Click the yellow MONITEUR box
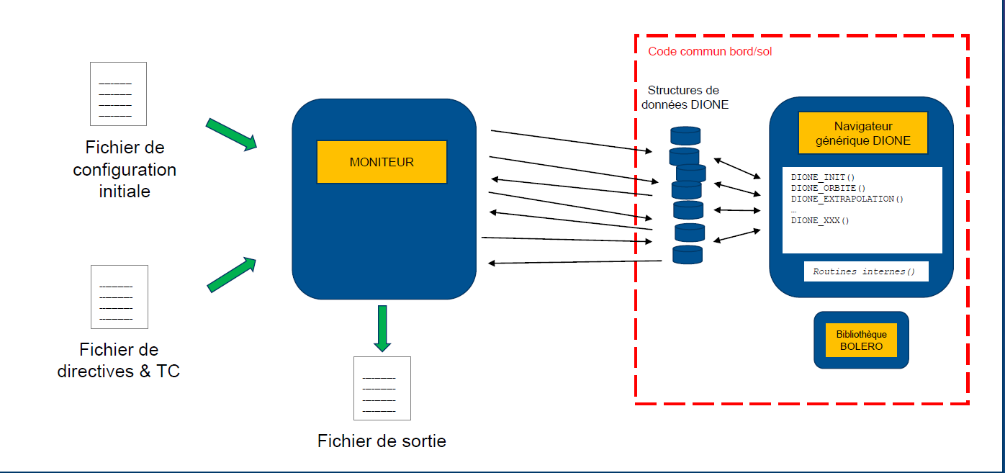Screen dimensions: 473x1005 pyautogui.click(x=382, y=162)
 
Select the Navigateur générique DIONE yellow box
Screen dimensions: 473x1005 pyautogui.click(x=862, y=133)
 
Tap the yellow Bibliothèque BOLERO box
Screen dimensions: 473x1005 pyautogui.click(x=861, y=340)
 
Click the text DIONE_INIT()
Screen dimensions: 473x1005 pyautogui.click(x=823, y=177)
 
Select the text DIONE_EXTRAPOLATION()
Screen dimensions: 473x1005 pyautogui.click(x=847, y=199)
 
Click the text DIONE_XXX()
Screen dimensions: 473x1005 pyautogui.click(x=820, y=220)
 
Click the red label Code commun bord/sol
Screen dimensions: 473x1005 pyautogui.click(x=710, y=52)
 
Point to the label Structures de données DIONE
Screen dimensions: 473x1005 pyautogui.click(x=684, y=97)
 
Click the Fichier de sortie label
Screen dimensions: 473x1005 pyautogui.click(x=382, y=441)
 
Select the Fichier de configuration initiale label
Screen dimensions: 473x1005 pyautogui.click(x=125, y=170)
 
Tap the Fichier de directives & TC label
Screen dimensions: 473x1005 pyautogui.click(x=119, y=361)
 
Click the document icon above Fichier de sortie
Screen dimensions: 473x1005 pyautogui.click(x=382, y=388)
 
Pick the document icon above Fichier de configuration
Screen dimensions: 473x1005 pyautogui.click(x=117, y=94)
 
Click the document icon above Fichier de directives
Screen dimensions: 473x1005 pyautogui.click(x=119, y=297)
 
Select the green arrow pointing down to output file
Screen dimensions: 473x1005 pyautogui.click(x=382, y=328)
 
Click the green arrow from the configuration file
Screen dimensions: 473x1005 pyautogui.click(x=231, y=134)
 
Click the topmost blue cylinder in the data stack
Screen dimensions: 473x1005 pyautogui.click(x=685, y=135)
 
